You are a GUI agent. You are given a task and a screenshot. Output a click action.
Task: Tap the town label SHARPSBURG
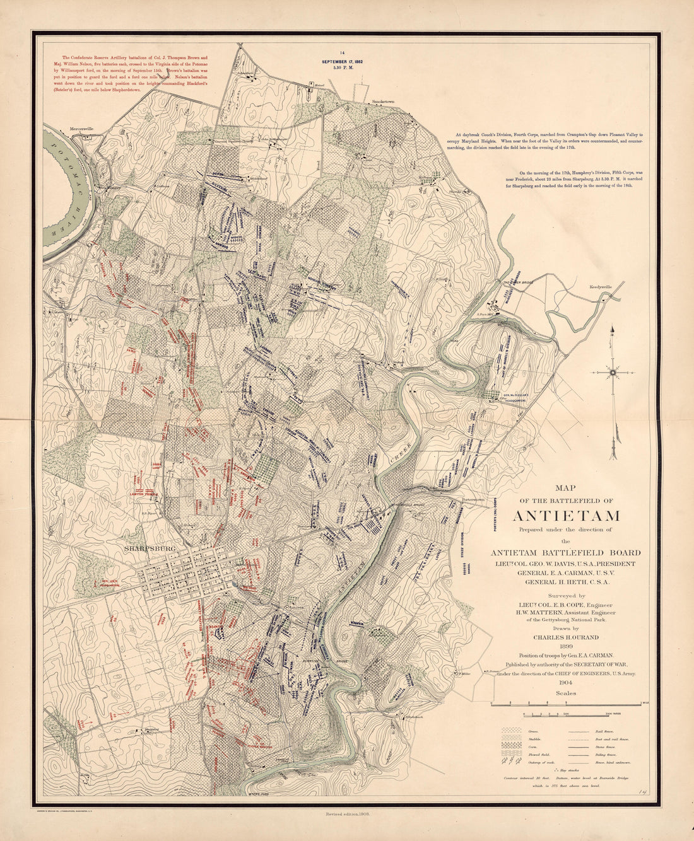pos(149,548)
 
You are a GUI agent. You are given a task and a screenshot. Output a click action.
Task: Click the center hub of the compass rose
pos(612,373)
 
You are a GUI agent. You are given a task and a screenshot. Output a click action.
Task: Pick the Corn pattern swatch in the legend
pos(510,746)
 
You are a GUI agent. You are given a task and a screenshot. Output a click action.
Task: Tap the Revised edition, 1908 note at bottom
pos(346,815)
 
